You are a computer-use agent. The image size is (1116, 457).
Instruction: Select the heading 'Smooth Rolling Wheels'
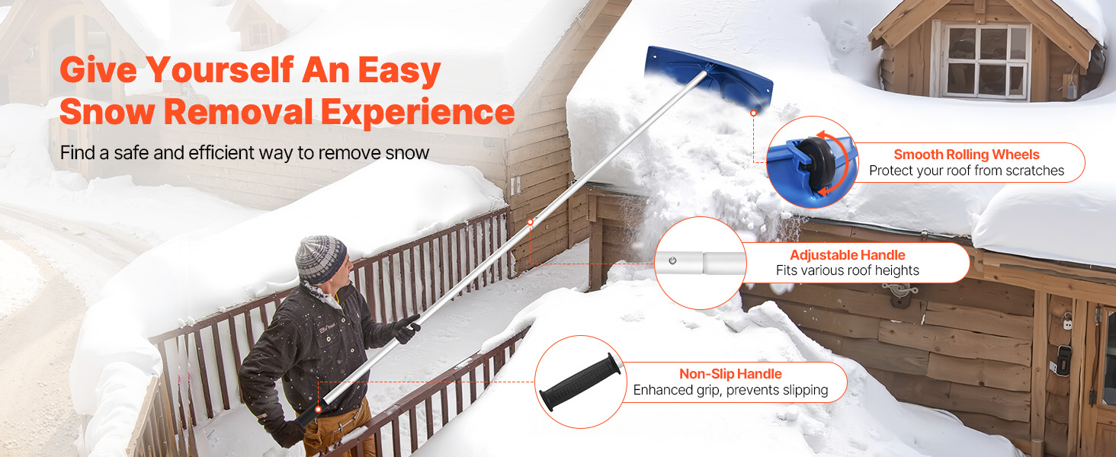coord(967,155)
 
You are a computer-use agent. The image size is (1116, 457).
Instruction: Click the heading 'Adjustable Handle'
coord(848,255)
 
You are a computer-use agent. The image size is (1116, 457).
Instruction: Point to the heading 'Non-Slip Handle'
coord(730,374)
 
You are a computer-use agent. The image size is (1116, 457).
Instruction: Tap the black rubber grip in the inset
coord(580,382)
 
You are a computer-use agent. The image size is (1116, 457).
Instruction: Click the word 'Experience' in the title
coord(418,111)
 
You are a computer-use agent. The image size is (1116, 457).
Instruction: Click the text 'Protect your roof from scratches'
coord(967,171)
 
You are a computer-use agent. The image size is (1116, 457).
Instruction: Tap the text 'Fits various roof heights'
coord(848,270)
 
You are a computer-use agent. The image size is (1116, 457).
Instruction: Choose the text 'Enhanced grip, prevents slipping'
coord(730,390)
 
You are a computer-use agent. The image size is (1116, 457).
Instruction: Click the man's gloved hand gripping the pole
coord(406,328)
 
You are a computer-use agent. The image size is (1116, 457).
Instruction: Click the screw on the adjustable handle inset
coord(672,260)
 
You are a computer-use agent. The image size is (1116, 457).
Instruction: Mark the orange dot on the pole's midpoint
coord(530,222)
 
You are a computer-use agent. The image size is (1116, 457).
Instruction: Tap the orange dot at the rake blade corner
coord(753,113)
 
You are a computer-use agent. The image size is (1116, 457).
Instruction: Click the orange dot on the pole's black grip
coord(318,409)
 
